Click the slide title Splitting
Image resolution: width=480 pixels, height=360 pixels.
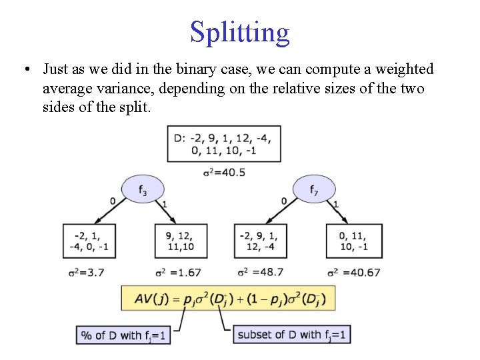click(240, 31)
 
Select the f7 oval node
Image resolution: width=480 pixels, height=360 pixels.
click(313, 189)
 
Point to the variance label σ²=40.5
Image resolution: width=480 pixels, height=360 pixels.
click(224, 172)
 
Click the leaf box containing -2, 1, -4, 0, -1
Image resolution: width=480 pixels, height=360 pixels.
click(90, 241)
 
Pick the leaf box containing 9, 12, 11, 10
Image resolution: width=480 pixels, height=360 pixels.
click(181, 241)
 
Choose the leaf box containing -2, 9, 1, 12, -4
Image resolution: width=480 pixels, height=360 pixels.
click(261, 241)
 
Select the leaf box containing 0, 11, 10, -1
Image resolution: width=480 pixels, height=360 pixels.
click(354, 241)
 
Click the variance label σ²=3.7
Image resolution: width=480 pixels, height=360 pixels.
click(86, 272)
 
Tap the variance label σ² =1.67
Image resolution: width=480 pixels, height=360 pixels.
click(178, 272)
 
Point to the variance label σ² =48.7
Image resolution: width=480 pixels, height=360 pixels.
click(261, 272)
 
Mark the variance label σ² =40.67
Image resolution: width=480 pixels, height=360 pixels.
click(354, 272)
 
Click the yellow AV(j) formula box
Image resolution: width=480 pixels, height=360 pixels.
click(227, 298)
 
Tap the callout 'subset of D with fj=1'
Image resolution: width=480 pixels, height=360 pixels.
click(292, 334)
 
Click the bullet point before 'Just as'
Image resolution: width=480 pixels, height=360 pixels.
click(26, 69)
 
